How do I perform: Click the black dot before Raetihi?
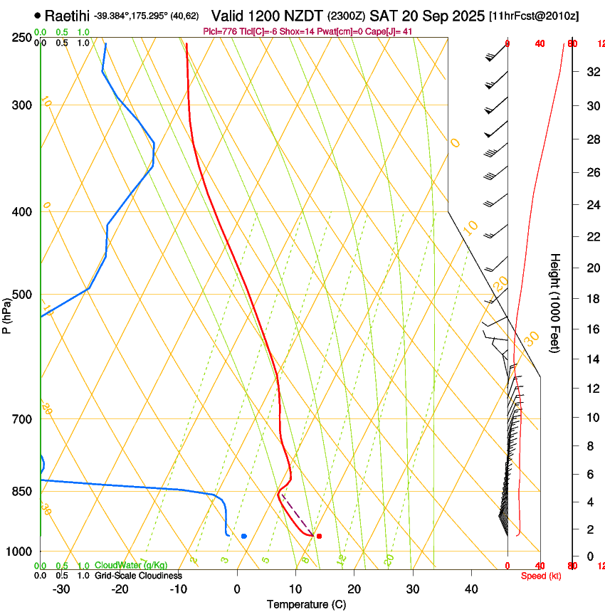pos(38,15)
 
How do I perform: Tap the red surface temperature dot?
pos(319,536)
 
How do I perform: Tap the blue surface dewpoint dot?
pos(244,536)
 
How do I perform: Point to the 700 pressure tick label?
pos(23,419)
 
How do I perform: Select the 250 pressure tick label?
pos(23,38)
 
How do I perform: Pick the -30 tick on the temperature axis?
pos(61,589)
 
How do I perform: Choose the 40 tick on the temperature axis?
pos(470,589)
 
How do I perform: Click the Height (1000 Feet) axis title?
pos(555,302)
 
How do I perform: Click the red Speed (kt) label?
pos(541,576)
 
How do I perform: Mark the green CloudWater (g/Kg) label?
pos(132,565)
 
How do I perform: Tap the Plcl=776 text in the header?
pos(221,31)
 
